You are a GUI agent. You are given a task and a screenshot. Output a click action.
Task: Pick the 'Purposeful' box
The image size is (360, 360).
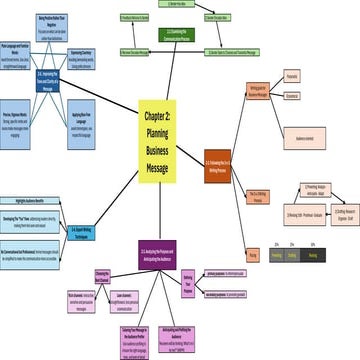[x=292, y=76]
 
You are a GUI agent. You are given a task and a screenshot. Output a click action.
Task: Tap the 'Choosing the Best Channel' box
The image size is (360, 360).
[x=102, y=277]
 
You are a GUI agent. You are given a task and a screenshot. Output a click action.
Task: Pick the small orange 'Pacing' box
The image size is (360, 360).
[x=252, y=255]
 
